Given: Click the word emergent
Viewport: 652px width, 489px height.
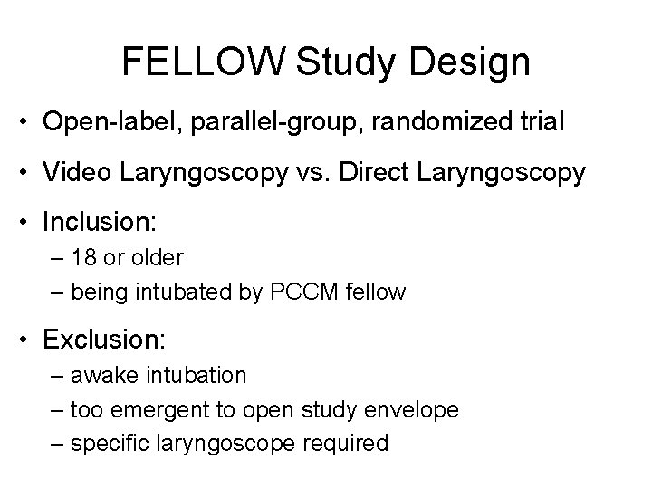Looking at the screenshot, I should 186,409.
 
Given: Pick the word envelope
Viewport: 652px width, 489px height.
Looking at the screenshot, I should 415,409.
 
